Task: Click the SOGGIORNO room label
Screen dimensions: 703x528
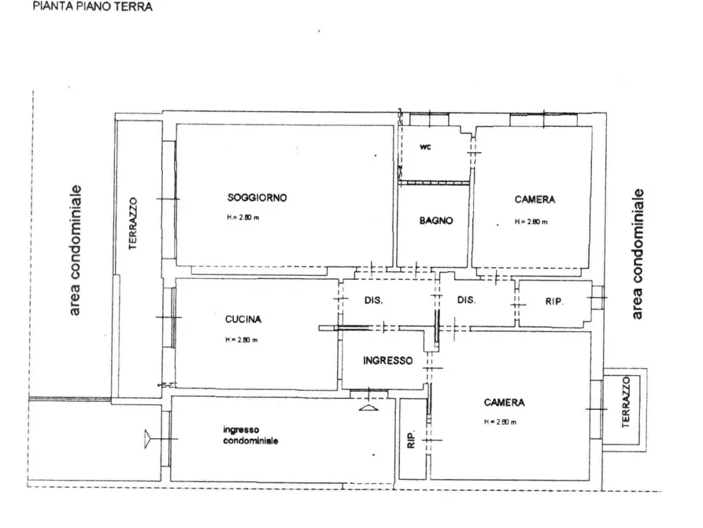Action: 257,198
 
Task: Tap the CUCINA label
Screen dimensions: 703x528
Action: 243,319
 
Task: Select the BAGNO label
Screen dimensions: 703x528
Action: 436,221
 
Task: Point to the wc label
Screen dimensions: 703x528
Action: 425,147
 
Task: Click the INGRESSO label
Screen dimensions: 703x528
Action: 388,360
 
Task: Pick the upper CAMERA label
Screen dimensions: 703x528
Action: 535,199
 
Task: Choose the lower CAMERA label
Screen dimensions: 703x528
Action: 505,402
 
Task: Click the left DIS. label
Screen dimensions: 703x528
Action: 373,300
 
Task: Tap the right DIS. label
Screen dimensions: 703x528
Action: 466,300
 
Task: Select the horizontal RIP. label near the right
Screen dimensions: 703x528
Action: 554,302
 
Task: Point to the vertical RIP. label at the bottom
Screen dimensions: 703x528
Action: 411,439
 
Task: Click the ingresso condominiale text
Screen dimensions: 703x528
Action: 250,436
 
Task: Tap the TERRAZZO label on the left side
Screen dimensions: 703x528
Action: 133,224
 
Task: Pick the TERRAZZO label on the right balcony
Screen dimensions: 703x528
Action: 626,402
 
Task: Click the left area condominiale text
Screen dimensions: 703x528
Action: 75,251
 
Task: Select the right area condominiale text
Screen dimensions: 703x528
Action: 637,254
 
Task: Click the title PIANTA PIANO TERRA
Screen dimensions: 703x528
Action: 92,6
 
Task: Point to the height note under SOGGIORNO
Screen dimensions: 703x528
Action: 242,218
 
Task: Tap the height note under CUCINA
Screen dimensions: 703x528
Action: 241,340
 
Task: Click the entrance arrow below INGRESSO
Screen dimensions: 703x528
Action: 368,407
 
